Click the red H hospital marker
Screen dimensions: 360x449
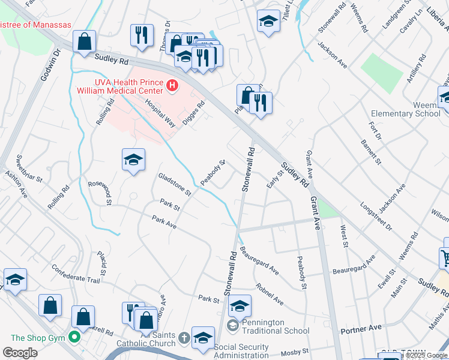(x=172, y=86)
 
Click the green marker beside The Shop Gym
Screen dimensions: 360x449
(x=75, y=337)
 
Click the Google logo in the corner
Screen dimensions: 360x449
(x=20, y=352)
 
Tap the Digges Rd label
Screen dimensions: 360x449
(x=194, y=111)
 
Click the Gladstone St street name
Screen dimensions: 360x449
(x=173, y=185)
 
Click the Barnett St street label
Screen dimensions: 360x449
(x=370, y=152)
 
